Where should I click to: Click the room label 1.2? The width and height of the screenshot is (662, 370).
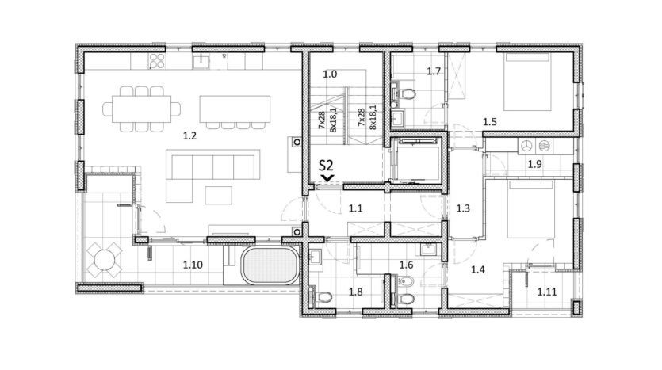pos(189,135)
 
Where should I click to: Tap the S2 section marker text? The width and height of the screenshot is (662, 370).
pos(326,165)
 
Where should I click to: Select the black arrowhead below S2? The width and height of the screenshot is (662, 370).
pos(327,178)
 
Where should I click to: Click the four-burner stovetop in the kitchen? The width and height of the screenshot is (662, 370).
pos(157,61)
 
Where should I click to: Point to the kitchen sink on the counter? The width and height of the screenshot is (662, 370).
pos(201,62)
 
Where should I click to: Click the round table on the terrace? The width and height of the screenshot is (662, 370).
pos(105,259)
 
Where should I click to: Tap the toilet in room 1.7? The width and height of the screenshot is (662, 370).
pos(408,93)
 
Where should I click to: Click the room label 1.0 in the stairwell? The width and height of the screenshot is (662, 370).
pos(330,74)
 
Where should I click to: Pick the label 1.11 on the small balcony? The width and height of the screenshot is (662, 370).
pos(547,292)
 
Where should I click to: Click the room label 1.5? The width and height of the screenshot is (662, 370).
pos(490,122)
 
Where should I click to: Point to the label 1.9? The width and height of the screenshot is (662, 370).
pos(534,164)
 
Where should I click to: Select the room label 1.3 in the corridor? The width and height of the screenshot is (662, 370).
pos(463,208)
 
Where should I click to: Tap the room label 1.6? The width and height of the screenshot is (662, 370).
pos(406,265)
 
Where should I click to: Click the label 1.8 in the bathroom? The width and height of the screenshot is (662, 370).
pos(355,292)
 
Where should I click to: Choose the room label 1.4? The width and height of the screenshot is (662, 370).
pos(478,269)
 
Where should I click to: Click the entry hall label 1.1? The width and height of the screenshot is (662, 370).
pos(355,208)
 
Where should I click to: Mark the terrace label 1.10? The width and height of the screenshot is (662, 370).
pos(193,265)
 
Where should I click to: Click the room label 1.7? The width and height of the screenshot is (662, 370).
pos(434,71)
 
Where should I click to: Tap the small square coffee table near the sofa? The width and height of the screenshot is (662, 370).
pos(219,196)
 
